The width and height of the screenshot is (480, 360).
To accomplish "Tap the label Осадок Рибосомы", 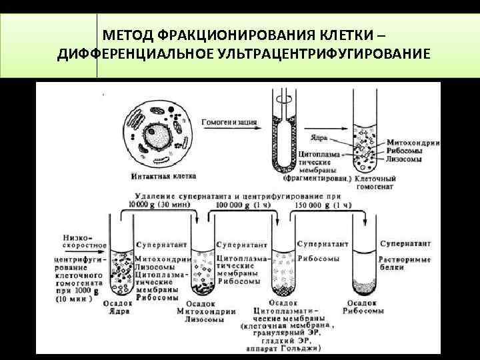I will [365, 307].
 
